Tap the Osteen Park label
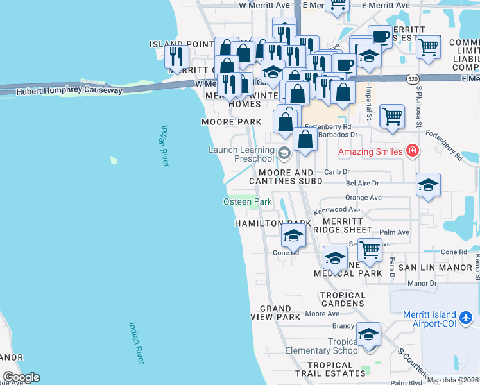[248, 202]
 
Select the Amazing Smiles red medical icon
[413, 151]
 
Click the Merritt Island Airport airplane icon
[467, 318]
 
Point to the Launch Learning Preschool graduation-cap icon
[284, 153]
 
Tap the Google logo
[21, 377]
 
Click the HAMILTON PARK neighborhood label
[273, 223]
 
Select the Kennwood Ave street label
[337, 210]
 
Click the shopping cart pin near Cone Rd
[370, 248]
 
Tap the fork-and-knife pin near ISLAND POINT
[177, 56]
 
